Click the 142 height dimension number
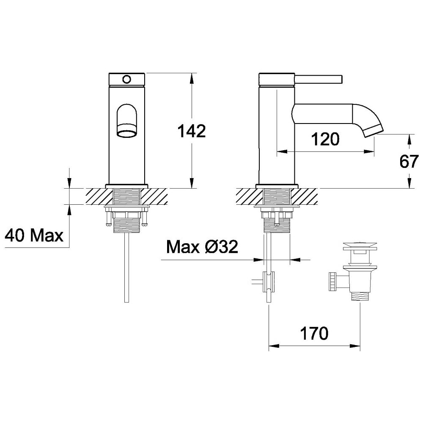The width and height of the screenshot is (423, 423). click(x=191, y=131)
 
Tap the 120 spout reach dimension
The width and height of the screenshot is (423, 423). click(x=325, y=139)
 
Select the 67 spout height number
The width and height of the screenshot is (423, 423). click(x=409, y=161)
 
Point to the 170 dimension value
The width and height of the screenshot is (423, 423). click(x=314, y=333)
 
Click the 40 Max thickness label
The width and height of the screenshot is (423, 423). click(x=34, y=235)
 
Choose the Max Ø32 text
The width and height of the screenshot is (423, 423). click(x=202, y=247)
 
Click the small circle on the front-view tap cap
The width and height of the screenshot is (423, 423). click(x=126, y=80)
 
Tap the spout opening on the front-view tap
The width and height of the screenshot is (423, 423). click(x=126, y=134)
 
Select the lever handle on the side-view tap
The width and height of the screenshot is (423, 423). click(x=319, y=80)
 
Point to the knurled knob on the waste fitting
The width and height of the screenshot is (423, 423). click(x=332, y=282)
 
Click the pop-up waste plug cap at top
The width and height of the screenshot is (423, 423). click(x=360, y=246)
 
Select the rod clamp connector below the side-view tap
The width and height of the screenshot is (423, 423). click(x=269, y=282)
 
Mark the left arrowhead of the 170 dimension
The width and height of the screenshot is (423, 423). click(x=274, y=346)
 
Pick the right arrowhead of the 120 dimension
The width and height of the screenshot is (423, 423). click(x=369, y=151)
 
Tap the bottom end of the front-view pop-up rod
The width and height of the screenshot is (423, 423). click(x=127, y=302)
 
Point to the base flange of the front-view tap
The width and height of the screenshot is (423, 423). click(x=126, y=186)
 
